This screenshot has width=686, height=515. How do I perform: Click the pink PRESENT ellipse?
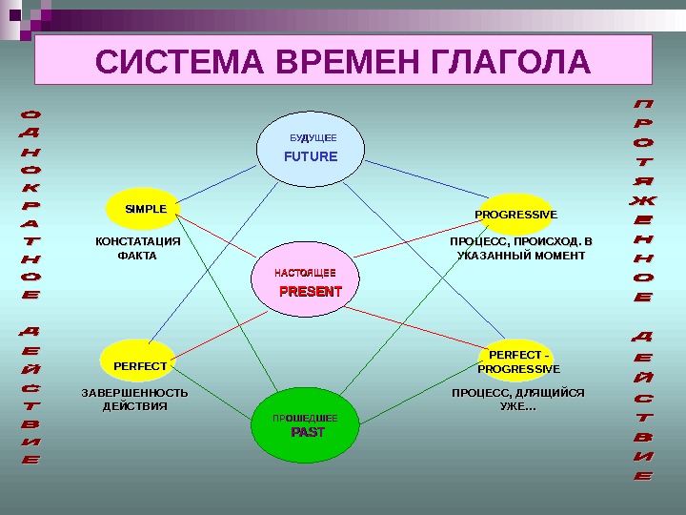309,284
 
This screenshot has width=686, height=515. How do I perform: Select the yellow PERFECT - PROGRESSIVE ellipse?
518,362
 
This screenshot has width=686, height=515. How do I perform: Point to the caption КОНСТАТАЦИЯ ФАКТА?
137,248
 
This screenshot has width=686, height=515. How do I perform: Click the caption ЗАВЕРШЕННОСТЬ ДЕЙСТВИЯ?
134,399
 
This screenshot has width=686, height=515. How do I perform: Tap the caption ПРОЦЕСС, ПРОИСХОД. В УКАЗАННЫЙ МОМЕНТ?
520,248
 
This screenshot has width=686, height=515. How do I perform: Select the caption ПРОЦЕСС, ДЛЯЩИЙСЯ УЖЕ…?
517,399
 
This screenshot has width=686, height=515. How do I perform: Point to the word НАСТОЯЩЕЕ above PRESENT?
305,274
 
